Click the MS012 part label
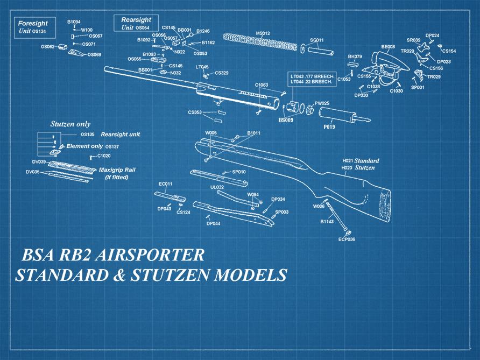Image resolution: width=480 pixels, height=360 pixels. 263,33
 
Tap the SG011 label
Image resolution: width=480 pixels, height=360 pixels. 317,40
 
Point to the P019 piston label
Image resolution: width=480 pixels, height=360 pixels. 329,127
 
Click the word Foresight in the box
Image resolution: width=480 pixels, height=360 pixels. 33,24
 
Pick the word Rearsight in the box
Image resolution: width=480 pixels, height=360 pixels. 136,20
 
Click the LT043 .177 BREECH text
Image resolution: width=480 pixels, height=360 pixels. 313,76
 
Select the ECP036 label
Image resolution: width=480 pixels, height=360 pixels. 347,239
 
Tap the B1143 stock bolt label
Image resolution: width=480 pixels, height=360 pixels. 328,221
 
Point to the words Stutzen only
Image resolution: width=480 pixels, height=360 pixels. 70,124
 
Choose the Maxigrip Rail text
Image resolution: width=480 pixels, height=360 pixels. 117,170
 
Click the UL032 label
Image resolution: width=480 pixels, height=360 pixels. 217,187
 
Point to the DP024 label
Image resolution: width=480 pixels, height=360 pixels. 432,36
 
